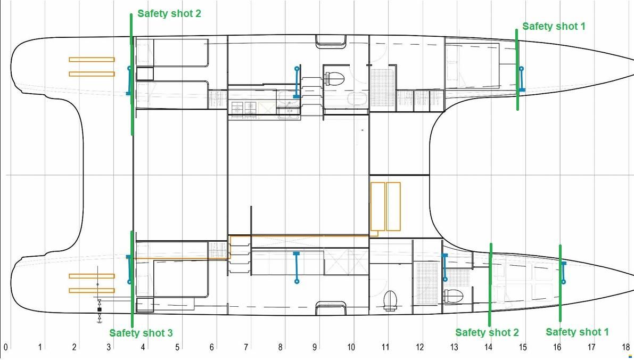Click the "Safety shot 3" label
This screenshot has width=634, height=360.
point(141,333)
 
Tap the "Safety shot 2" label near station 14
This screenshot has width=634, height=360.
point(487,332)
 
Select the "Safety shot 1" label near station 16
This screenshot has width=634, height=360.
point(577,332)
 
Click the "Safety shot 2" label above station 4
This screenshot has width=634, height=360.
point(169,13)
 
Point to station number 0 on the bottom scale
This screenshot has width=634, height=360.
point(6,347)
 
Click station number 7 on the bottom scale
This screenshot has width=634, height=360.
point(246,347)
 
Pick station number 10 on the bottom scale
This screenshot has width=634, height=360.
point(351,347)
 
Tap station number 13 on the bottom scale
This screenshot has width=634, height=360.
point(454,347)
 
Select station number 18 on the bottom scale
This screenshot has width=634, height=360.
point(626,347)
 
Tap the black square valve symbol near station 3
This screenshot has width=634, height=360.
point(100,310)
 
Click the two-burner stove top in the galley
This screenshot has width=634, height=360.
point(244,108)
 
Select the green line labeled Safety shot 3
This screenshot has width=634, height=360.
point(132,279)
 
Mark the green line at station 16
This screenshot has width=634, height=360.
point(560,283)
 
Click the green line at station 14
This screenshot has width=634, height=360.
point(490,285)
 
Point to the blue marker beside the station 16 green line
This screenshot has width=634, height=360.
point(563,273)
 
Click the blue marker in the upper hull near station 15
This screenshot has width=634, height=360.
point(522,79)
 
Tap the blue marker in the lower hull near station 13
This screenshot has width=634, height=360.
point(445,267)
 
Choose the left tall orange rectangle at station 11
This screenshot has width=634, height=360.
point(377,207)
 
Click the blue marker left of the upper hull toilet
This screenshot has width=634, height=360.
point(297,83)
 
